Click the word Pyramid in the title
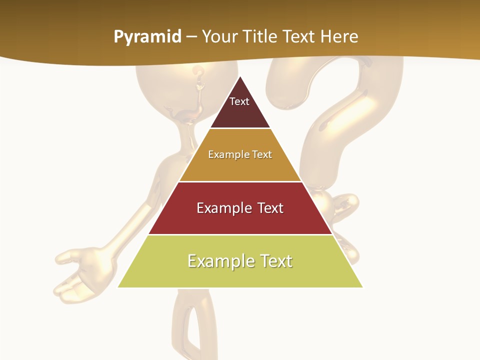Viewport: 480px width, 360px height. point(147,37)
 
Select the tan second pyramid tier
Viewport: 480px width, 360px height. point(240,167)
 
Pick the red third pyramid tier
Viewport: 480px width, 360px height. point(240,220)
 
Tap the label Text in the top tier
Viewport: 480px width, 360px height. point(239,101)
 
